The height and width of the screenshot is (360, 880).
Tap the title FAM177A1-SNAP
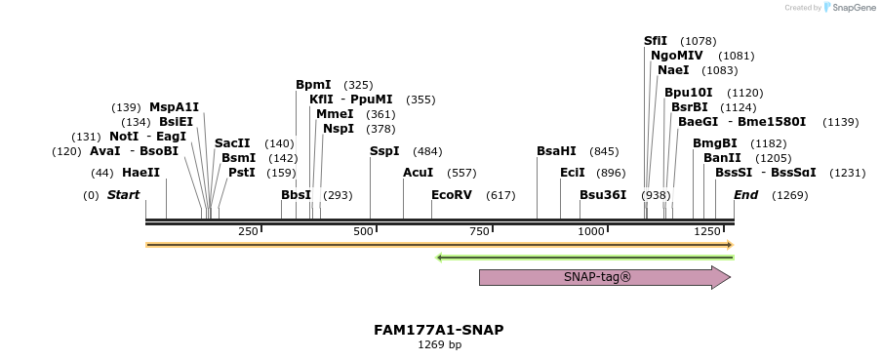tap(439, 330)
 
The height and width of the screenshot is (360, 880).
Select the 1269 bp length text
tap(439, 344)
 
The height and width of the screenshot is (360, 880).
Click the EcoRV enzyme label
tap(452, 195)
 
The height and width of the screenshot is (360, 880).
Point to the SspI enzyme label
tap(384, 151)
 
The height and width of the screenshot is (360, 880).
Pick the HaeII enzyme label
tap(140, 173)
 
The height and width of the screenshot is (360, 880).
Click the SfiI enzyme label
tap(656, 41)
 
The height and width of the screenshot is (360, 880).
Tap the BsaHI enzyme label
tap(557, 151)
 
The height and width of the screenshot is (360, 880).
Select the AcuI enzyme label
tap(418, 173)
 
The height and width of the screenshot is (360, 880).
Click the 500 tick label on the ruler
tap(364, 231)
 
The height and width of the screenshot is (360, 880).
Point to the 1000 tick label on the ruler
tap(591, 231)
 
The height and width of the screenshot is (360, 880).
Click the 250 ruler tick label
tap(248, 231)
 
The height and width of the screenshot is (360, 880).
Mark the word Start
tap(124, 195)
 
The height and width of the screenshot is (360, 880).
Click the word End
tap(746, 195)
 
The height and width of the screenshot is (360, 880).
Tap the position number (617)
tap(500, 195)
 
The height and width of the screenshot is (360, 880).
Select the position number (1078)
tap(699, 41)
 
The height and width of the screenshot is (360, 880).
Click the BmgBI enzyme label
tap(715, 143)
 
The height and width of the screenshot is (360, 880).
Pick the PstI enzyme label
tap(241, 173)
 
